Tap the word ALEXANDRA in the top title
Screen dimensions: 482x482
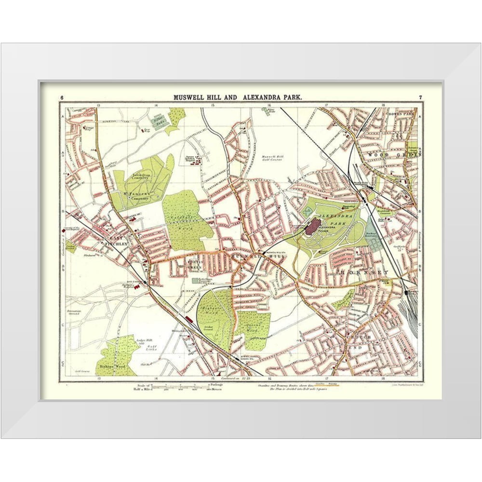261,97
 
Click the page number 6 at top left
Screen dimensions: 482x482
62,98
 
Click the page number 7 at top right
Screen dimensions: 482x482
420,98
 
